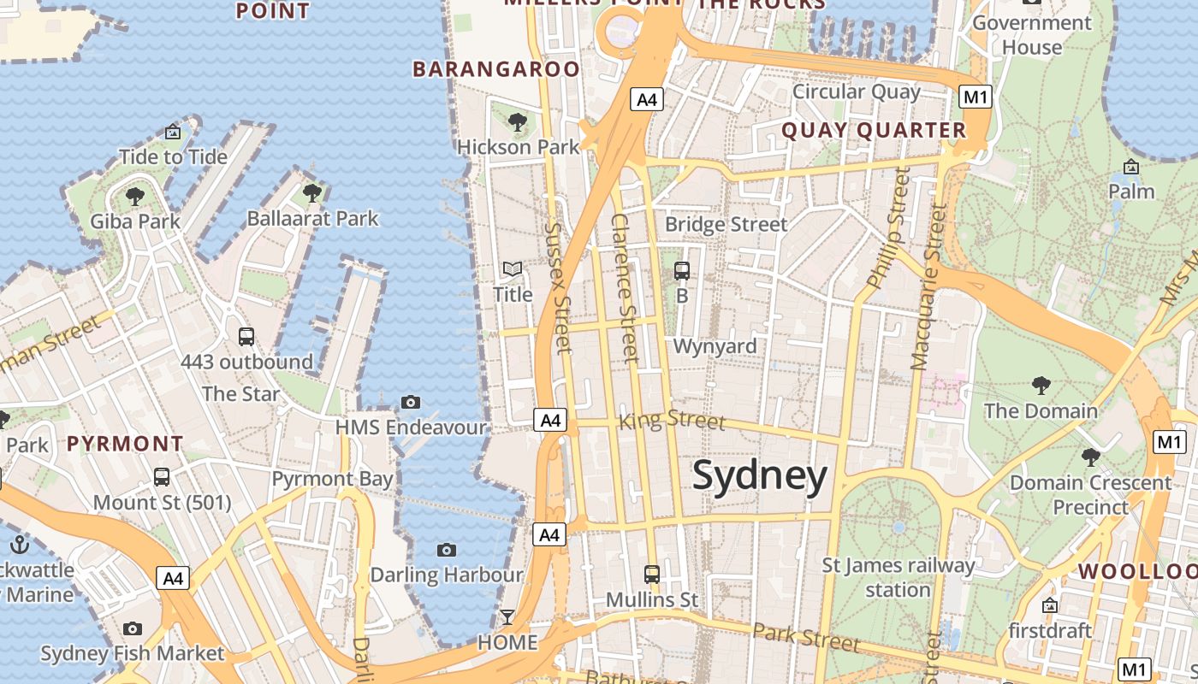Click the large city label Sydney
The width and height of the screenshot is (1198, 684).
(760, 475)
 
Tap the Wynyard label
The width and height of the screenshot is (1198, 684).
(715, 346)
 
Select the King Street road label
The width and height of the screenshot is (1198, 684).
(672, 420)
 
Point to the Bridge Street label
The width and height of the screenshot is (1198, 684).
(726, 225)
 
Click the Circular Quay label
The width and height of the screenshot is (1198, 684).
(857, 91)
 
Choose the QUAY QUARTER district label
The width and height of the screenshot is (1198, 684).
(874, 131)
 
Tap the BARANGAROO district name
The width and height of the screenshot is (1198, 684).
(496, 69)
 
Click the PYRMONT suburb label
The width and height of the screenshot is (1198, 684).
(125, 444)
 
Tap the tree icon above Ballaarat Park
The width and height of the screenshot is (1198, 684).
(312, 193)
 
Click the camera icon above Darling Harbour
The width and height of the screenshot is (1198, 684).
(446, 550)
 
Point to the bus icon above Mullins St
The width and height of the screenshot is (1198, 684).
(652, 575)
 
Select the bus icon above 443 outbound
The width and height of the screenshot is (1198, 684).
(246, 337)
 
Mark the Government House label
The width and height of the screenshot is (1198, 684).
(1032, 35)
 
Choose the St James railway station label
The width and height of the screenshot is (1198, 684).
(898, 577)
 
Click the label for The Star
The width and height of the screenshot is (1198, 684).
(241, 394)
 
